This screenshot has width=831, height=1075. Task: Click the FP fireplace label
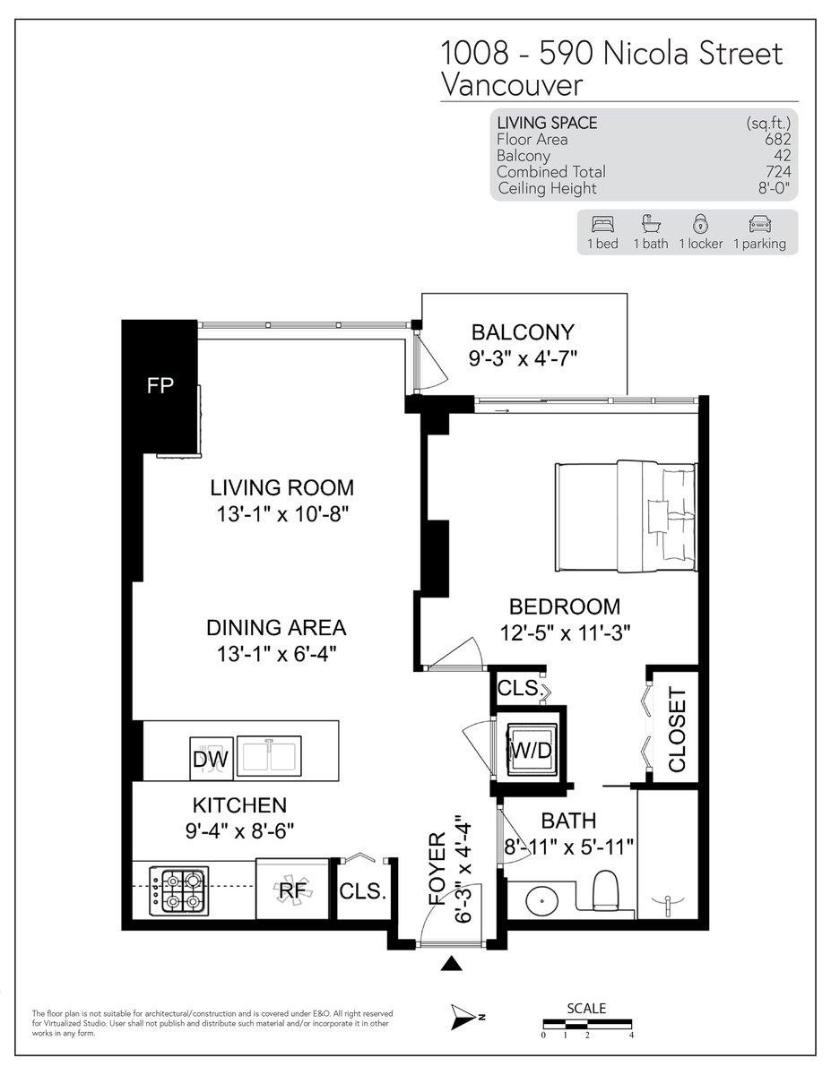coord(160,386)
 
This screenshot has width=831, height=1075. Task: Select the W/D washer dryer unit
coord(530,749)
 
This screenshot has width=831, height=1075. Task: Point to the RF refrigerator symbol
coord(290,890)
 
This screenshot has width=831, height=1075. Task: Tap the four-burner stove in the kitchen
coord(179,890)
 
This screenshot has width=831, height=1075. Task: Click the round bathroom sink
coord(540,901)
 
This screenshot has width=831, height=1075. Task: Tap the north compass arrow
coord(467,1015)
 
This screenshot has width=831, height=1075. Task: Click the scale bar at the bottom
coord(587,1023)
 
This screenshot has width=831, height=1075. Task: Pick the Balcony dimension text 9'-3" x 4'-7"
coord(524,358)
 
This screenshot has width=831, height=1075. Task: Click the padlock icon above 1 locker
coord(699,224)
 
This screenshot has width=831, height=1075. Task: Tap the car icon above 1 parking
coord(758,224)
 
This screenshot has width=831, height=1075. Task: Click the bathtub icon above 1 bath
coord(650,224)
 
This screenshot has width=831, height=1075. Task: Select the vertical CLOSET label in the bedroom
coord(677,729)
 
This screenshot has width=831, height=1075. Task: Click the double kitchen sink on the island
coord(270,755)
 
